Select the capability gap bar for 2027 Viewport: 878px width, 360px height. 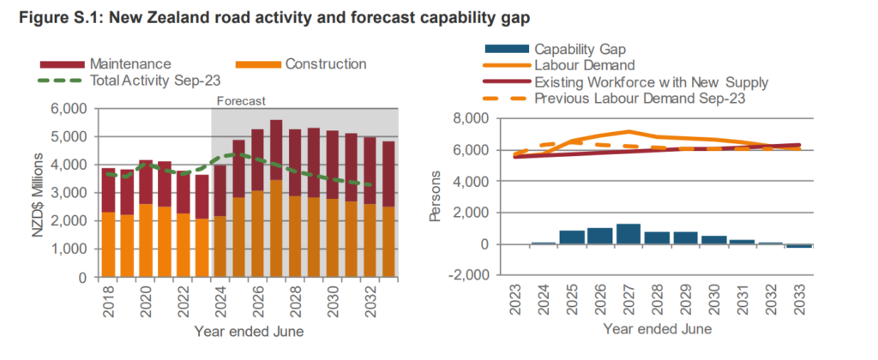coord(628,234)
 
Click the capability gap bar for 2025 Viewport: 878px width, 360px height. coord(572,237)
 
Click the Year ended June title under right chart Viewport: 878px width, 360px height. coord(656,328)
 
